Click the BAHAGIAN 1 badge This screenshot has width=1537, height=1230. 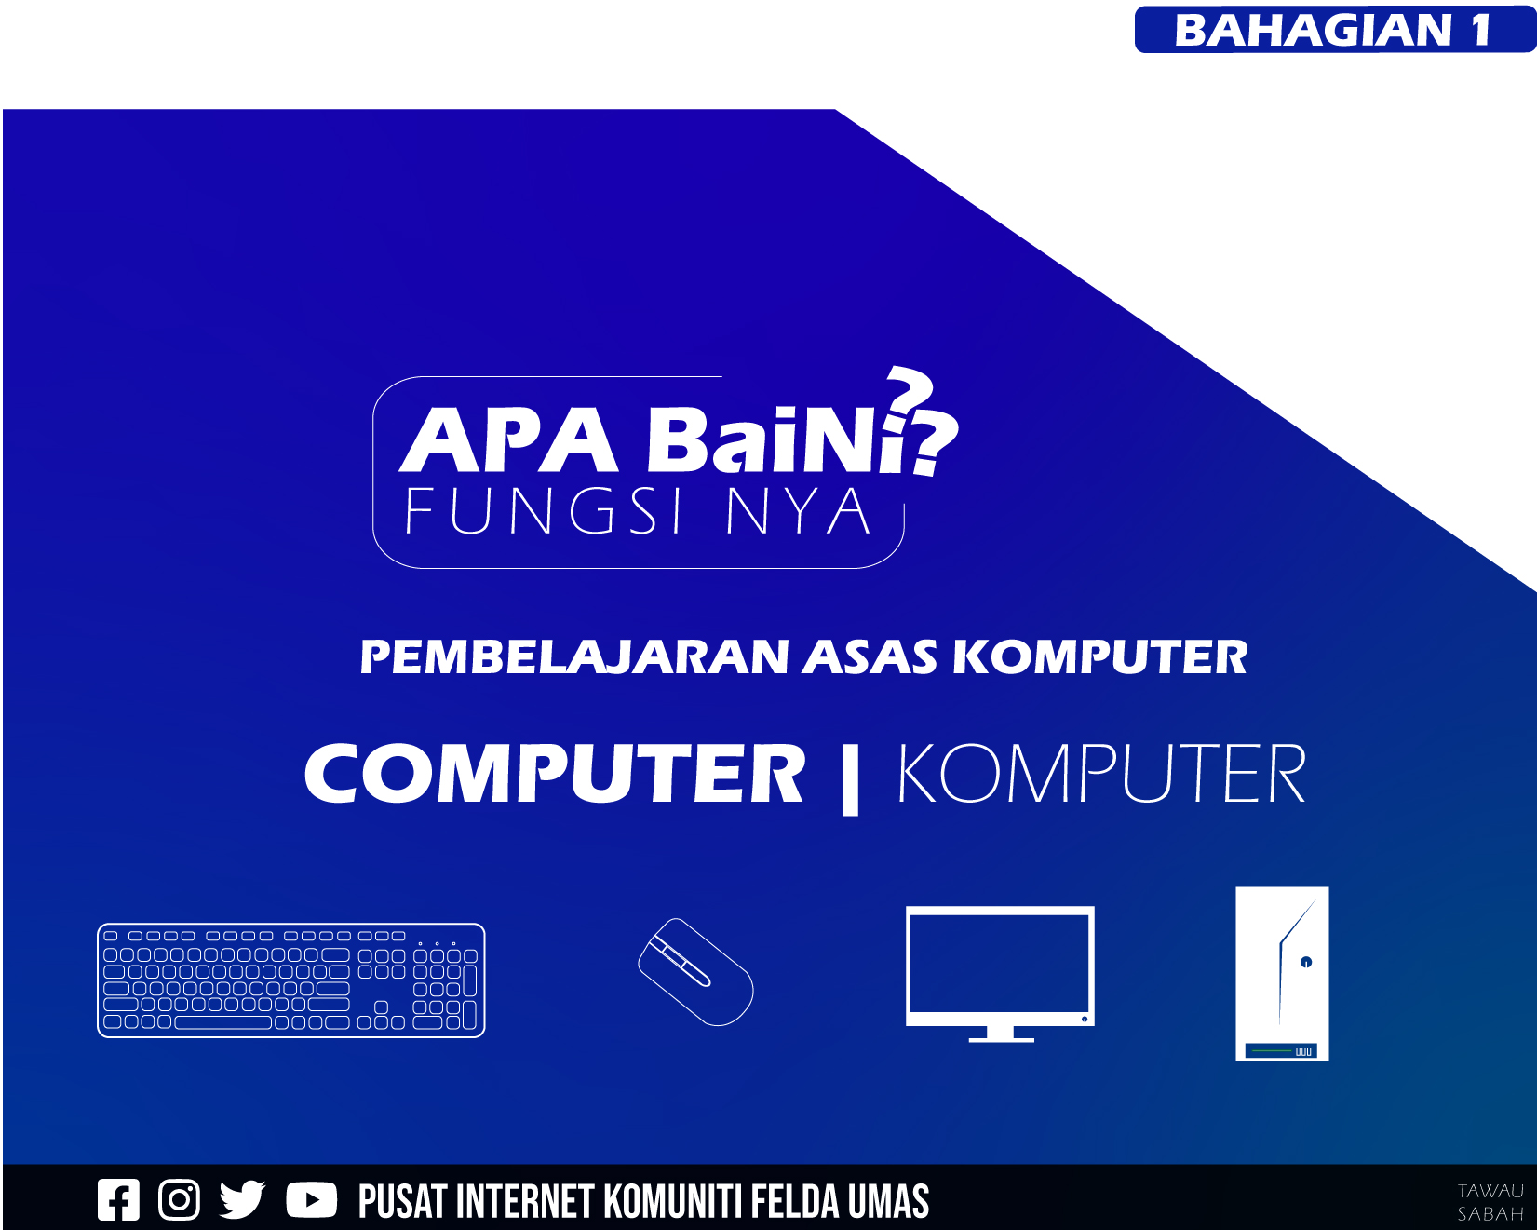pyautogui.click(x=1335, y=29)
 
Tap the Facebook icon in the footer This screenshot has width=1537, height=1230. pyautogui.click(x=118, y=1200)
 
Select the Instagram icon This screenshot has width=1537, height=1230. pyautogui.click(x=179, y=1200)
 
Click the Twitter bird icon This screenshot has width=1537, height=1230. pyautogui.click(x=242, y=1200)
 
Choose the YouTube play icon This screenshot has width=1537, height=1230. pyautogui.click(x=311, y=1200)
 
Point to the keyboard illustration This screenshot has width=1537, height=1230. pyautogui.click(x=291, y=980)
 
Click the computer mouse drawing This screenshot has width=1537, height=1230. pyautogui.click(x=695, y=972)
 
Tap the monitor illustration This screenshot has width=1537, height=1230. pyautogui.click(x=1000, y=974)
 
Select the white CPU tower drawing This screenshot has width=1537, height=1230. pyautogui.click(x=1282, y=974)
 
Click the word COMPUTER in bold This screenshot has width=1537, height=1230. pyautogui.click(x=555, y=774)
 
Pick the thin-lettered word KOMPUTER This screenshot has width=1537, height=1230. pyautogui.click(x=1101, y=774)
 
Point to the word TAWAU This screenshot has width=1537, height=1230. pyautogui.click(x=1490, y=1191)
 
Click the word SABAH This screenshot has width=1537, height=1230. pyautogui.click(x=1490, y=1214)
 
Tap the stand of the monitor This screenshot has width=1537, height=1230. pyautogui.click(x=1001, y=1034)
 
